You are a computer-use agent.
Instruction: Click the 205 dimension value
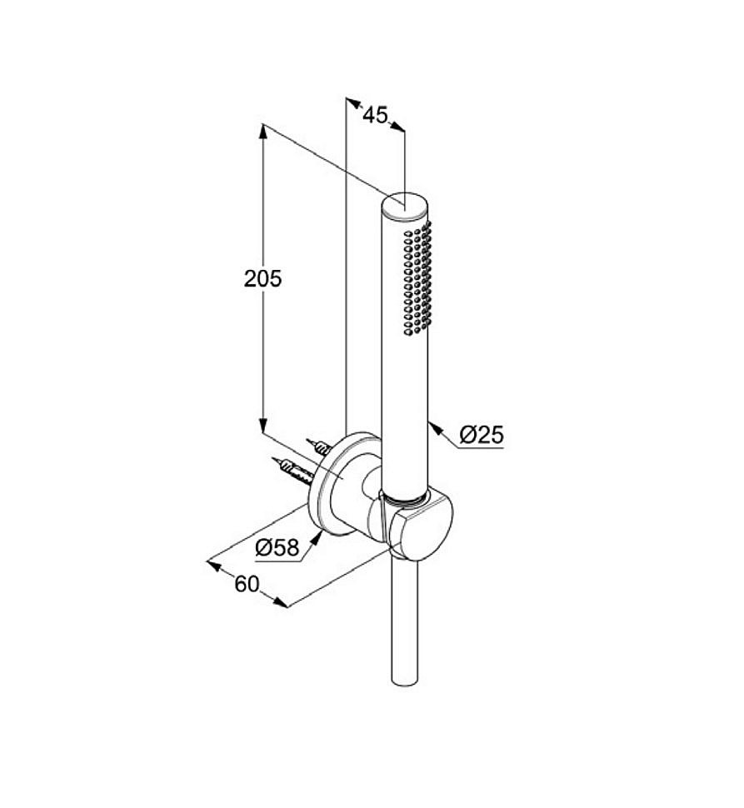click(262, 279)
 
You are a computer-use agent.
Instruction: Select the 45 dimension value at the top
click(375, 115)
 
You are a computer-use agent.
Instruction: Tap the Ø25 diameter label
click(482, 435)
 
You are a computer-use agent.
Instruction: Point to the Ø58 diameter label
click(277, 547)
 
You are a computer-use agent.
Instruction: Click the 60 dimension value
click(247, 585)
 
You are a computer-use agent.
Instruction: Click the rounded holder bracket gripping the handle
click(417, 526)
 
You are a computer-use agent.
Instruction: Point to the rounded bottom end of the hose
click(404, 681)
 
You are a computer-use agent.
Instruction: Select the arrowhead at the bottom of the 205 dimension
click(262, 425)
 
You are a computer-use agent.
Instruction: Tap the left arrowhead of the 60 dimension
click(214, 566)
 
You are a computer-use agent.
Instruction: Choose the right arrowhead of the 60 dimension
click(280, 602)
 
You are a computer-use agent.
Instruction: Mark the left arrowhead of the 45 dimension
click(352, 102)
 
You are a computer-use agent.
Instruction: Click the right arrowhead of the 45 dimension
click(397, 126)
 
